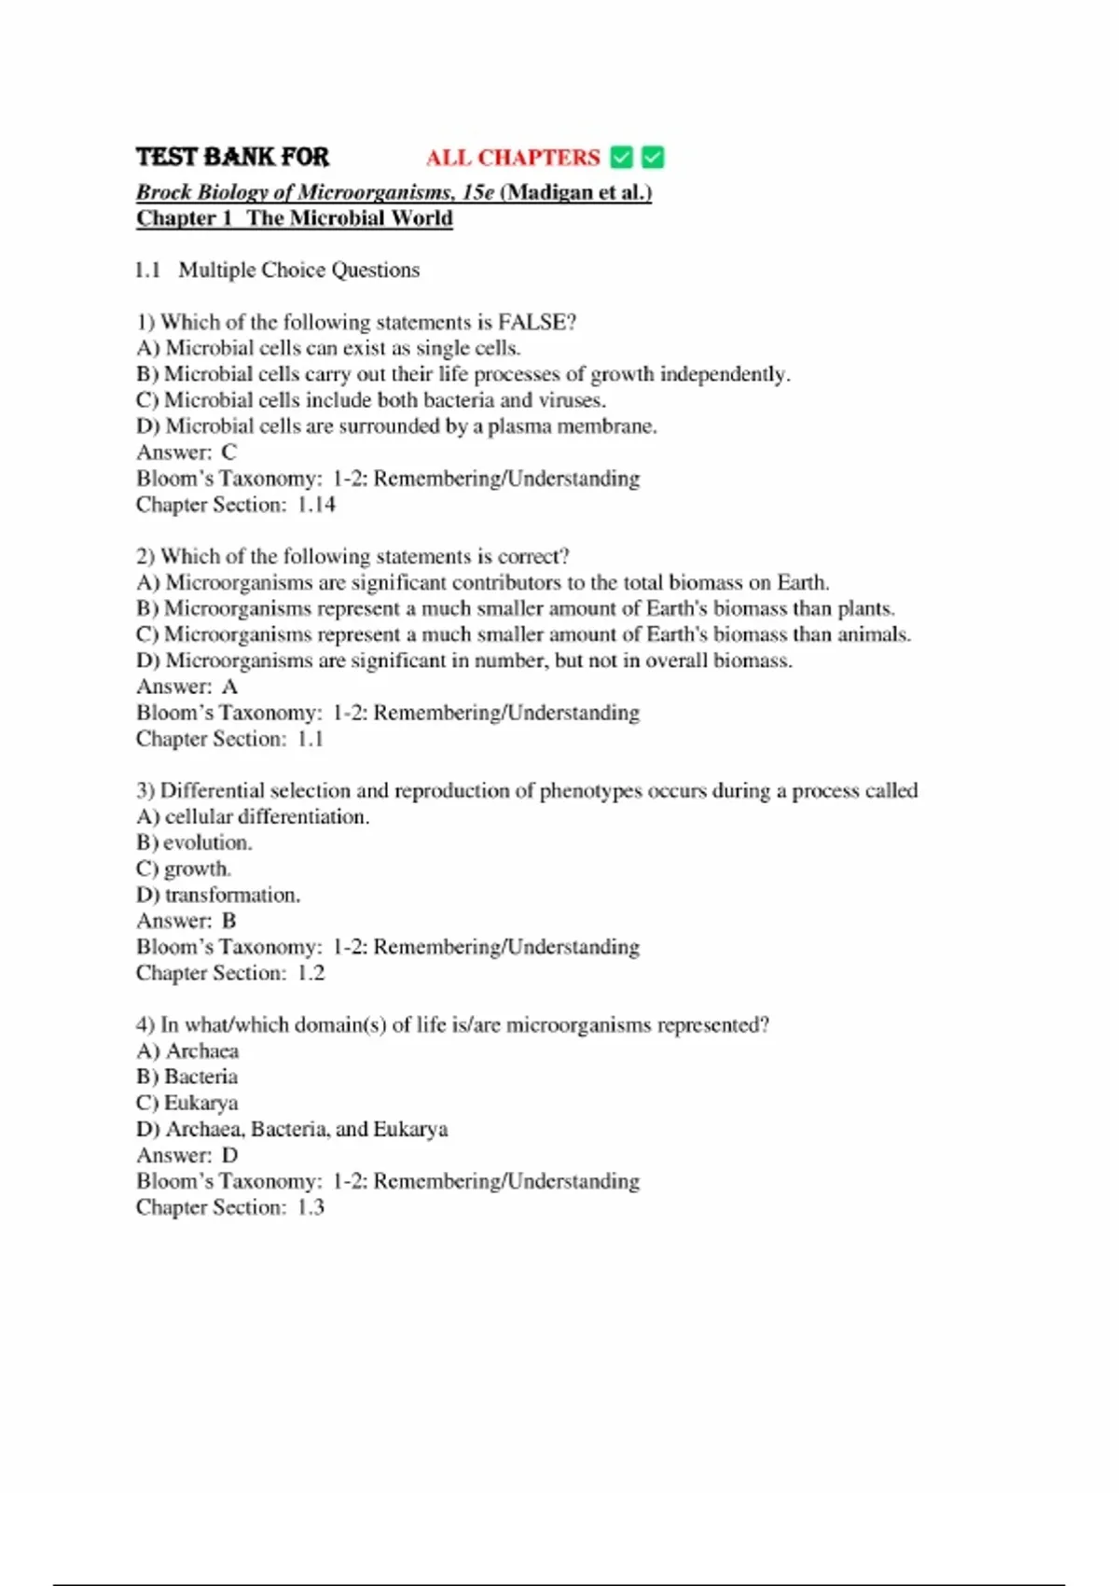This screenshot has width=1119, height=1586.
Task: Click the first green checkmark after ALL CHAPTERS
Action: [x=621, y=158]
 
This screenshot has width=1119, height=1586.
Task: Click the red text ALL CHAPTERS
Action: [x=513, y=158]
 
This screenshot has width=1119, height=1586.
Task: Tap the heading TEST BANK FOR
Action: [x=232, y=157]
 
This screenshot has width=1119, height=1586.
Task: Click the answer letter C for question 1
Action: [x=229, y=452]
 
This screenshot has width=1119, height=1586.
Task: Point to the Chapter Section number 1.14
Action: [x=316, y=505]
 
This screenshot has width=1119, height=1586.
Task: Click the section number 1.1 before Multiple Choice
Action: [x=148, y=270]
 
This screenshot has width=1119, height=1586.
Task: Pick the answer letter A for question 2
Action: [x=229, y=687]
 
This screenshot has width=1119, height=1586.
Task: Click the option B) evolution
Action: [x=194, y=842]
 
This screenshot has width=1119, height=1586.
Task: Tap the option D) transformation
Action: [x=218, y=895]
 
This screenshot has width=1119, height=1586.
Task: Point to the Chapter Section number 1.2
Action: [x=311, y=973]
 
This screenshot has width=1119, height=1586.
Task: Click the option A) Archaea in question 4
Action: [x=187, y=1050]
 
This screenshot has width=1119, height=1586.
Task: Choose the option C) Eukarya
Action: [x=186, y=1103]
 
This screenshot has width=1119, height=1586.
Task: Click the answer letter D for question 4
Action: [x=229, y=1155]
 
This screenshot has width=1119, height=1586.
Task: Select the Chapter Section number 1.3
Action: [x=311, y=1207]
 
